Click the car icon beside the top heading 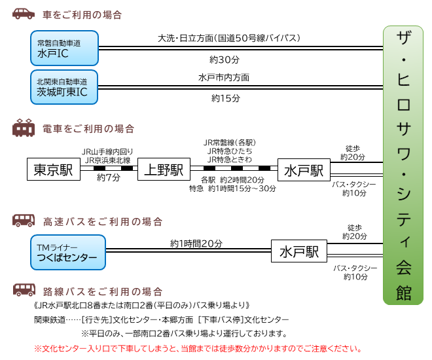[24, 14]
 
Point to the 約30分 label [225, 60]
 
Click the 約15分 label [225, 99]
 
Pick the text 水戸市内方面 [225, 77]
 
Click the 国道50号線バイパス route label [229, 38]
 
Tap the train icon [24, 128]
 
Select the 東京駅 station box [53, 170]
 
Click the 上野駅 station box [163, 170]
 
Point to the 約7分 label [109, 177]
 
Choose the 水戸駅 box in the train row [304, 170]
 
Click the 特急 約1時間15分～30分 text [232, 189]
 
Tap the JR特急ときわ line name [229, 159]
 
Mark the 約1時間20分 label [196, 243]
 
